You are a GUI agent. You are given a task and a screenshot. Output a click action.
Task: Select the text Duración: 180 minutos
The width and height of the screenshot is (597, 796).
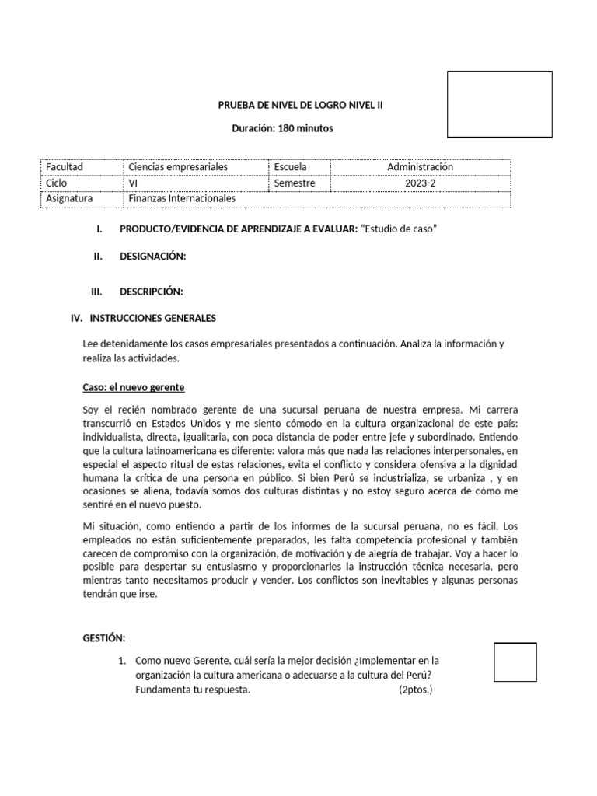(283, 128)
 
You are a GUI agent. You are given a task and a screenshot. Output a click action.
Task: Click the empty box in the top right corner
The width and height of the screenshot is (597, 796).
(499, 103)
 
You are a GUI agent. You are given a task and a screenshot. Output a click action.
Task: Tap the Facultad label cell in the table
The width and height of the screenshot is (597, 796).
(65, 167)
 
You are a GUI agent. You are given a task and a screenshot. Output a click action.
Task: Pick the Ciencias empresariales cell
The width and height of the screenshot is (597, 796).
(183, 167)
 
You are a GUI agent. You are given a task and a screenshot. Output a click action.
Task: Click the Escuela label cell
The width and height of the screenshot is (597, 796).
(290, 167)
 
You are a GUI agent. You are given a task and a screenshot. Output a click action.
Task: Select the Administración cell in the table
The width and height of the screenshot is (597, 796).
(420, 167)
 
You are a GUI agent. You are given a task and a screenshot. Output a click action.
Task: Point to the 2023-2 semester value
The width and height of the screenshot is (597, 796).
(420, 183)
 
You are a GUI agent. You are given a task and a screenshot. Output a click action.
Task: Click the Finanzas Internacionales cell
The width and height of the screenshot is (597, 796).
(181, 198)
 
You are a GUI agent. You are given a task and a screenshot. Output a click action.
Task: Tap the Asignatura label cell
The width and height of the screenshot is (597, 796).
(69, 198)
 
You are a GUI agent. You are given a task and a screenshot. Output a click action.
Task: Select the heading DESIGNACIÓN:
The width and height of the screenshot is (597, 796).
(152, 257)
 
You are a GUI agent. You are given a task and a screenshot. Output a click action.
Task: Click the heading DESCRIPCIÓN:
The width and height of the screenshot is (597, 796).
(151, 292)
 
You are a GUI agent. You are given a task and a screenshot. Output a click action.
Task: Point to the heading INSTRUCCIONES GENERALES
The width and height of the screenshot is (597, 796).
(153, 318)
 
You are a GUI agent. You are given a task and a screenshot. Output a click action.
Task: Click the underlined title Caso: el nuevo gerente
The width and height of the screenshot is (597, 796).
(133, 387)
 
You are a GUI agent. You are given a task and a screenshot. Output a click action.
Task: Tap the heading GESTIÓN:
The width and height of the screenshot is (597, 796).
(103, 637)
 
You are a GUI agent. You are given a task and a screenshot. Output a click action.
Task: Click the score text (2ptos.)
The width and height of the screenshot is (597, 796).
(415, 690)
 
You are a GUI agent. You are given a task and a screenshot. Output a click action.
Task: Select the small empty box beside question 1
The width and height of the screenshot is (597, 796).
(515, 662)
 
